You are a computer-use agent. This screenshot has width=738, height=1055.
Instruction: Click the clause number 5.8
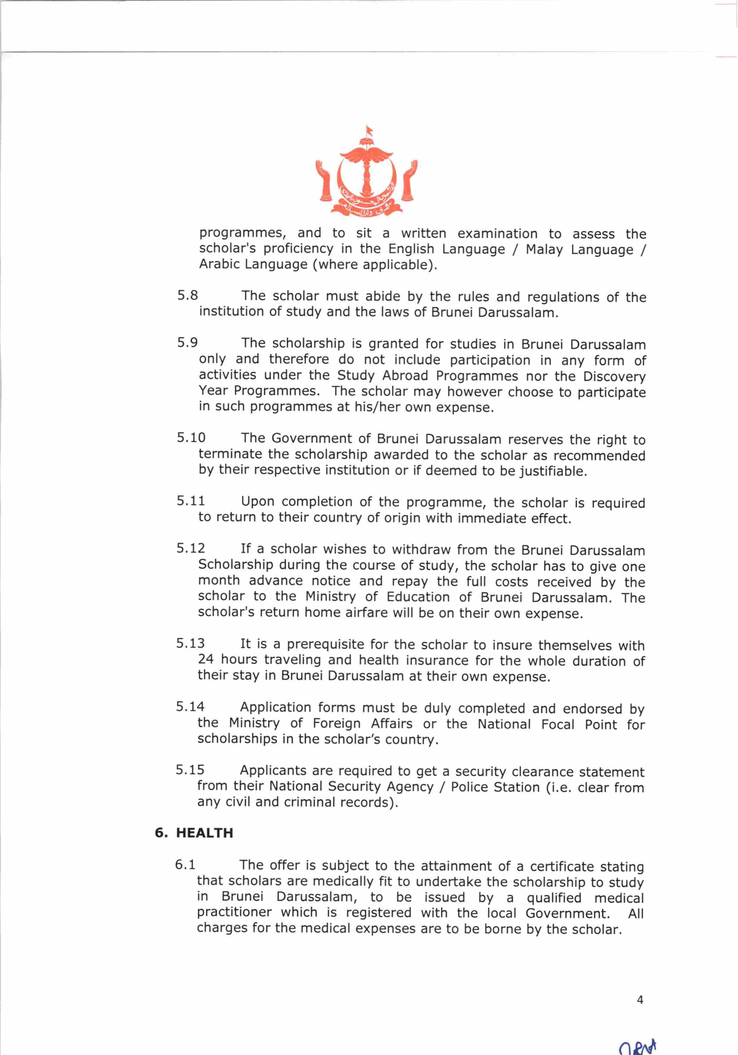pos(187,296)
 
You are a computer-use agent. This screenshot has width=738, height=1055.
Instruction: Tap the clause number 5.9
pos(187,343)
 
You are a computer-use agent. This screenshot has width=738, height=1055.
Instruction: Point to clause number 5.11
pos(190,501)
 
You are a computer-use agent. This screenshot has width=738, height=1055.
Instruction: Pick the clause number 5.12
pos(190,548)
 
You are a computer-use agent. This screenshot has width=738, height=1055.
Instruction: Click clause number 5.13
pos(190,643)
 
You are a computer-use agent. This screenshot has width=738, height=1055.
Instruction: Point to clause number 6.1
pos(185,865)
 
